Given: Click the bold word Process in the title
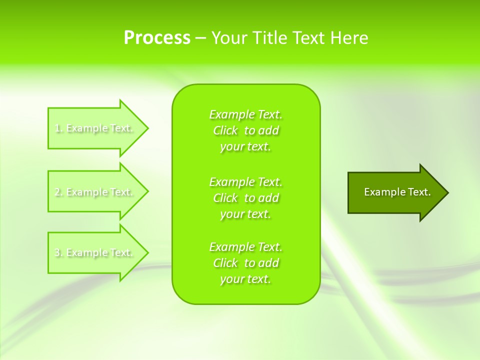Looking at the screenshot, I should coord(157,38).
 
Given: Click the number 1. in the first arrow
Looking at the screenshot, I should coord(58,128).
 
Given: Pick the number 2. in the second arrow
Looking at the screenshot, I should coord(58,192).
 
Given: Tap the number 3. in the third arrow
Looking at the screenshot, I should coord(58,252).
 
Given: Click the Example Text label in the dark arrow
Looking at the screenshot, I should coord(397,192).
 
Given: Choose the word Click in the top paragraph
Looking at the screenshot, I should coord(225,131).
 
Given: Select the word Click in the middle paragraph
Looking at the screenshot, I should coord(225,198).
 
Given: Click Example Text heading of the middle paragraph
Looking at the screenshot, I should coord(245,181).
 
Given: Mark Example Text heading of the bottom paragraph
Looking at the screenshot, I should coord(245,247).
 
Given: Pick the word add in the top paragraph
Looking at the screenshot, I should coord(269,131).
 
